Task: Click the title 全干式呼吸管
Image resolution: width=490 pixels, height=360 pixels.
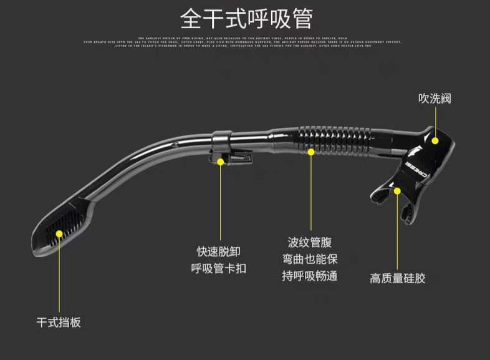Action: pos(246,18)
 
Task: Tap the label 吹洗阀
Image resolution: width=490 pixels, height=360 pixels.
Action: pos(435,99)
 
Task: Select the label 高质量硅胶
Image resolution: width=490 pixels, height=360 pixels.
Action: pos(398,278)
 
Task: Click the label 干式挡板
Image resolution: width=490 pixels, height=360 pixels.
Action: pos(59,323)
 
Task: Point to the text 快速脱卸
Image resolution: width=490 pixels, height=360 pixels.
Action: pos(219,251)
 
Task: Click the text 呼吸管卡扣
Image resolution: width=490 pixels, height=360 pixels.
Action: pos(219,268)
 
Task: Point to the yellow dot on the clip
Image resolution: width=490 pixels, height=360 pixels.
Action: pos(221,161)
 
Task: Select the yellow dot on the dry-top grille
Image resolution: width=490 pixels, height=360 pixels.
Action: pos(60,233)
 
